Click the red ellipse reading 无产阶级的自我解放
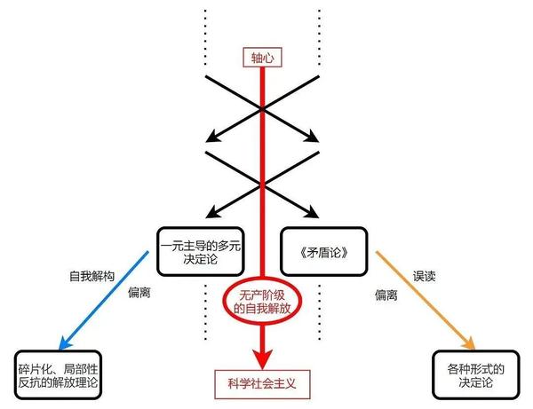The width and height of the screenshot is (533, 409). [x=261, y=303]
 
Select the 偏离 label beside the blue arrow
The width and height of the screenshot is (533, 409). [x=139, y=292]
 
